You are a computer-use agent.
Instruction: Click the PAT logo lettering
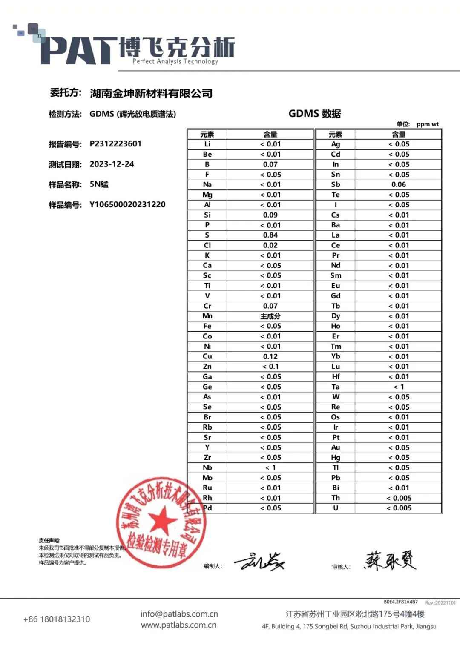79,51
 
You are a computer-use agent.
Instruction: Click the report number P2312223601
115,144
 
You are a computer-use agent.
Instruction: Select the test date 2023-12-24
112,164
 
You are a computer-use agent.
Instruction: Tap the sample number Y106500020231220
127,204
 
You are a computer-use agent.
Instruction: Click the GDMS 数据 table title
315,114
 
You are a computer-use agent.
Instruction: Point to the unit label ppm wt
427,124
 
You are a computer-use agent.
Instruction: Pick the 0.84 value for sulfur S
270,235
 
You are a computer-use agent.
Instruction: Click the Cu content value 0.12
270,356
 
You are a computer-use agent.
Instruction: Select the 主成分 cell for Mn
270,316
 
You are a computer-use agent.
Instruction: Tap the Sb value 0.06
399,184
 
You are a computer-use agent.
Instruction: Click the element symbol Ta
336,387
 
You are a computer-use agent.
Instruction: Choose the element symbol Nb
207,467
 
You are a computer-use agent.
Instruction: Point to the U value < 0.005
399,508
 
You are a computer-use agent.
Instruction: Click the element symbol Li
207,144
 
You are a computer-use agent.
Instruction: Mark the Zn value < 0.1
270,367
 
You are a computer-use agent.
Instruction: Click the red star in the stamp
162,520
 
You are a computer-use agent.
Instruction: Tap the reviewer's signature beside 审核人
390,561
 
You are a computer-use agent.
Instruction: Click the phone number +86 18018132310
57,619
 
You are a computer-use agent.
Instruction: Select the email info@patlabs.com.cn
179,614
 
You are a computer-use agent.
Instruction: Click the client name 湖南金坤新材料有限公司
151,93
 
